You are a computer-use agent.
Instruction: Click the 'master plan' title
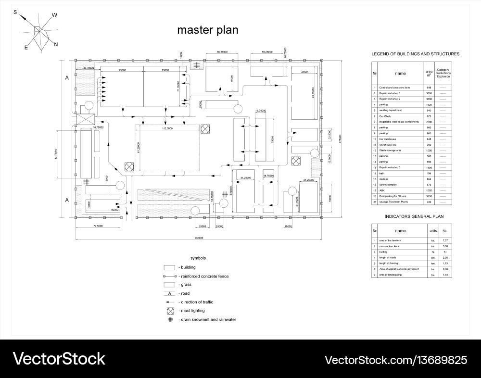208,30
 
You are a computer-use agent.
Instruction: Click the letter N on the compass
56,45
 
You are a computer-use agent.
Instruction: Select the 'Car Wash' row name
384,116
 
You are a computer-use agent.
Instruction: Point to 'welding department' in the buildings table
390,111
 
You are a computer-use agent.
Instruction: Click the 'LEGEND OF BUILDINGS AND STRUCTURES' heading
415,54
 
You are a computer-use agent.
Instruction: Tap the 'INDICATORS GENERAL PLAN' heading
413,217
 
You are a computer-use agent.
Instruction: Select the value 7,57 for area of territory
445,240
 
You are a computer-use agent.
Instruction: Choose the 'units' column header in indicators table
433,231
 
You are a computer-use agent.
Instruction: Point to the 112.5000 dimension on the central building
167,128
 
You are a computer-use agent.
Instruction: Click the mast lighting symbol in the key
170,311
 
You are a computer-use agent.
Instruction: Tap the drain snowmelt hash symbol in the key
170,320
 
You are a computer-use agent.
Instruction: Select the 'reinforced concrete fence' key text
203,277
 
